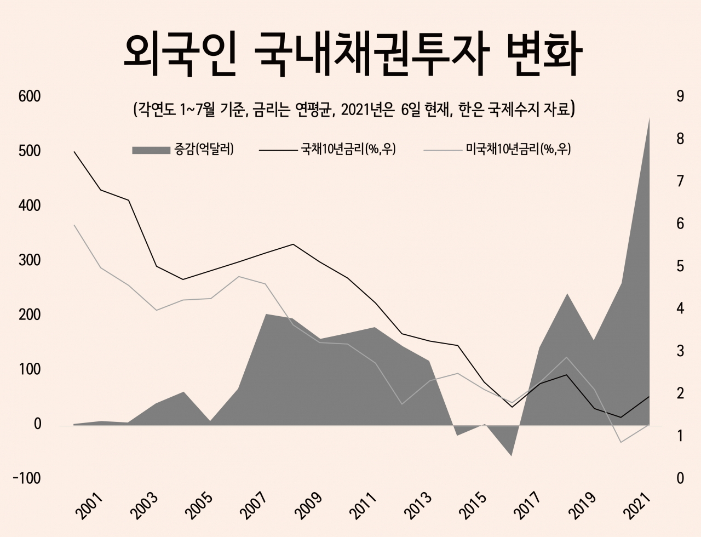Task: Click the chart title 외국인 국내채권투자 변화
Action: point(353,54)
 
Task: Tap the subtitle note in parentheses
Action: point(354,110)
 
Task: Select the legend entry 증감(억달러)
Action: point(183,150)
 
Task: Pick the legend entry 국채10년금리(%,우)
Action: point(327,150)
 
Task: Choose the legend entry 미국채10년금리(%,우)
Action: point(497,150)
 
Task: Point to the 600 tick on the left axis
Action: point(30,96)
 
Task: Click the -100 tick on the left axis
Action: point(27,478)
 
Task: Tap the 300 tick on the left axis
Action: point(30,260)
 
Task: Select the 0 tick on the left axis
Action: point(37,424)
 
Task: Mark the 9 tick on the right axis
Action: point(680,96)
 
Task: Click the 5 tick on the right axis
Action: point(680,266)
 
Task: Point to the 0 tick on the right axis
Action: point(680,478)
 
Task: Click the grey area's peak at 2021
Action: point(649,119)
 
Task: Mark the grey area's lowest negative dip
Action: point(512,456)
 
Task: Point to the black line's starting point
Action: point(74,151)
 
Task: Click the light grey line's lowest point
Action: point(621,442)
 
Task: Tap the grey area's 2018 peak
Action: point(567,294)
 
